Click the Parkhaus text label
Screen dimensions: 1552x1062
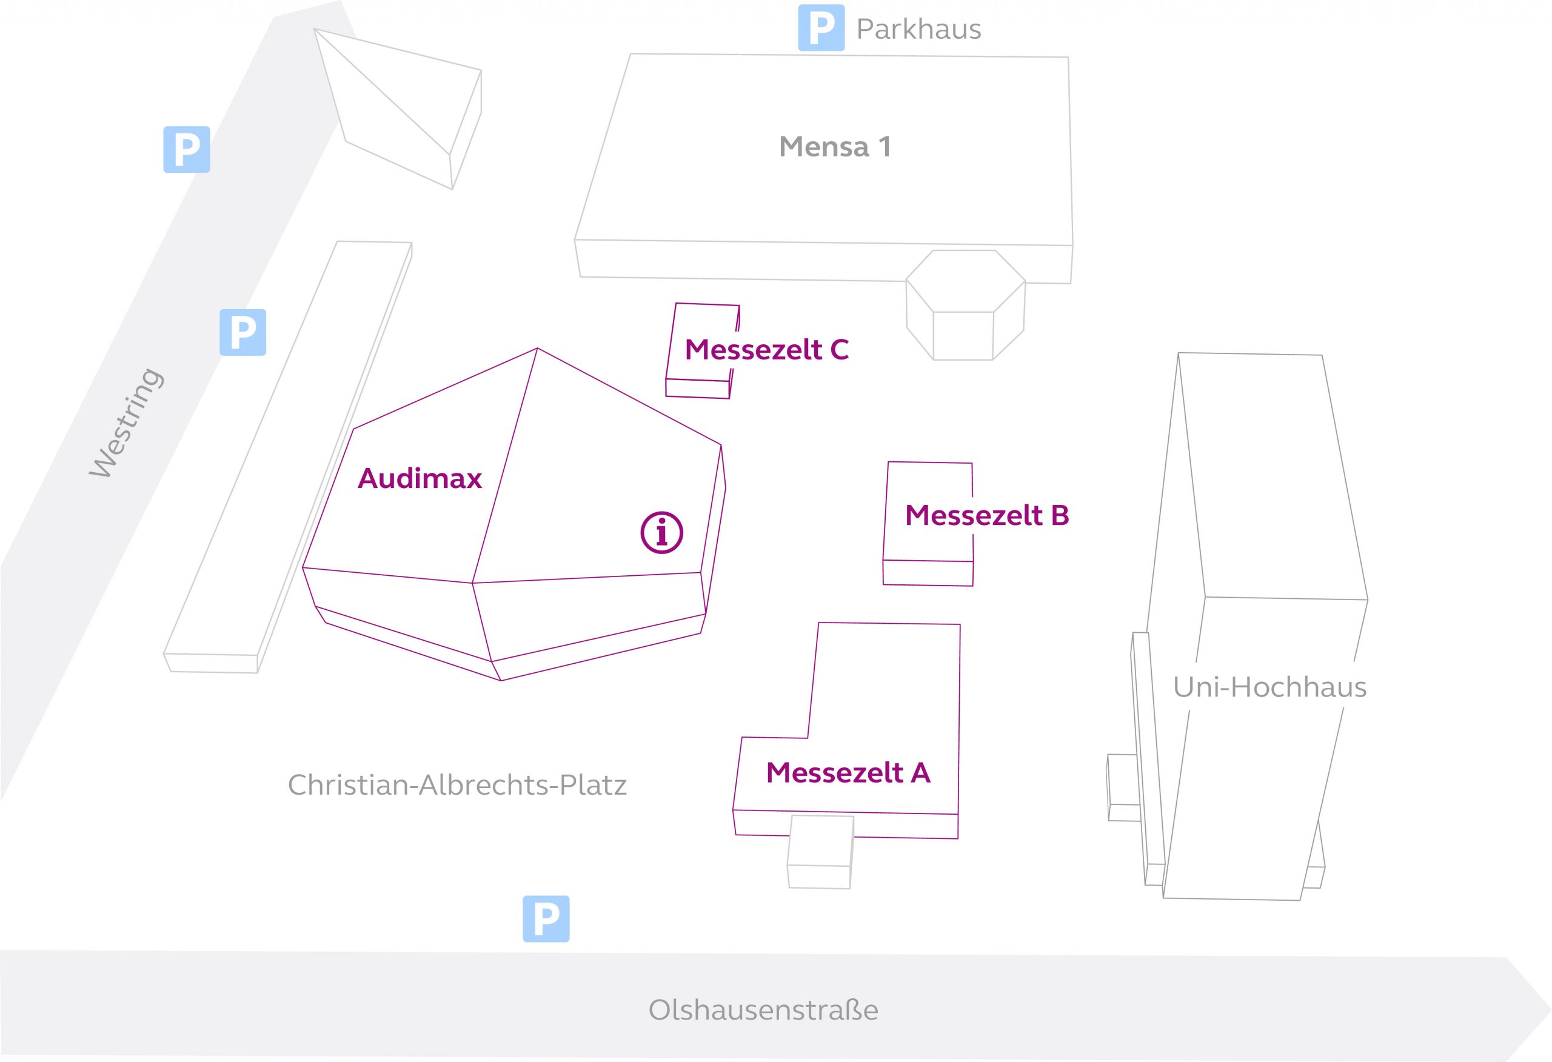tap(919, 29)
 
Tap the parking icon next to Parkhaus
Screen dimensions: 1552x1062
tap(821, 28)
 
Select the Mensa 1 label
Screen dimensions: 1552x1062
tap(835, 147)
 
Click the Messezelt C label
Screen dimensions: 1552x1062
tap(767, 349)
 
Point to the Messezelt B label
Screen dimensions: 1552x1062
tap(987, 515)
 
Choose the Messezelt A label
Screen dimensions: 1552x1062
tap(848, 772)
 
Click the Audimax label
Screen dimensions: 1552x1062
tap(420, 478)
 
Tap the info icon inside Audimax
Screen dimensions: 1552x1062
tap(662, 532)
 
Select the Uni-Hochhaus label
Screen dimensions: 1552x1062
tap(1269, 687)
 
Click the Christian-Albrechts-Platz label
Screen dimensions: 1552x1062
tap(458, 785)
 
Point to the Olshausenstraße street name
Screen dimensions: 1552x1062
tap(763, 1009)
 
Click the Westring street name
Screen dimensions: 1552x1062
tap(126, 422)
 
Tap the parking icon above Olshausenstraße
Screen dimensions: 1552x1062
tap(546, 919)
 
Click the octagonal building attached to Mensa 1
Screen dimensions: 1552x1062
tap(965, 306)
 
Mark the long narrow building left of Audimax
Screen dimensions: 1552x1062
tap(287, 458)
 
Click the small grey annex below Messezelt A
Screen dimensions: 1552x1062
tap(820, 852)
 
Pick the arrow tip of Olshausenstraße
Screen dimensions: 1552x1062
tap(1551, 1009)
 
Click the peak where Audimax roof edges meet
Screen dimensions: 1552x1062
tap(538, 348)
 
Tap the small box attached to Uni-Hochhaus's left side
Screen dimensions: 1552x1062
tap(1124, 787)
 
